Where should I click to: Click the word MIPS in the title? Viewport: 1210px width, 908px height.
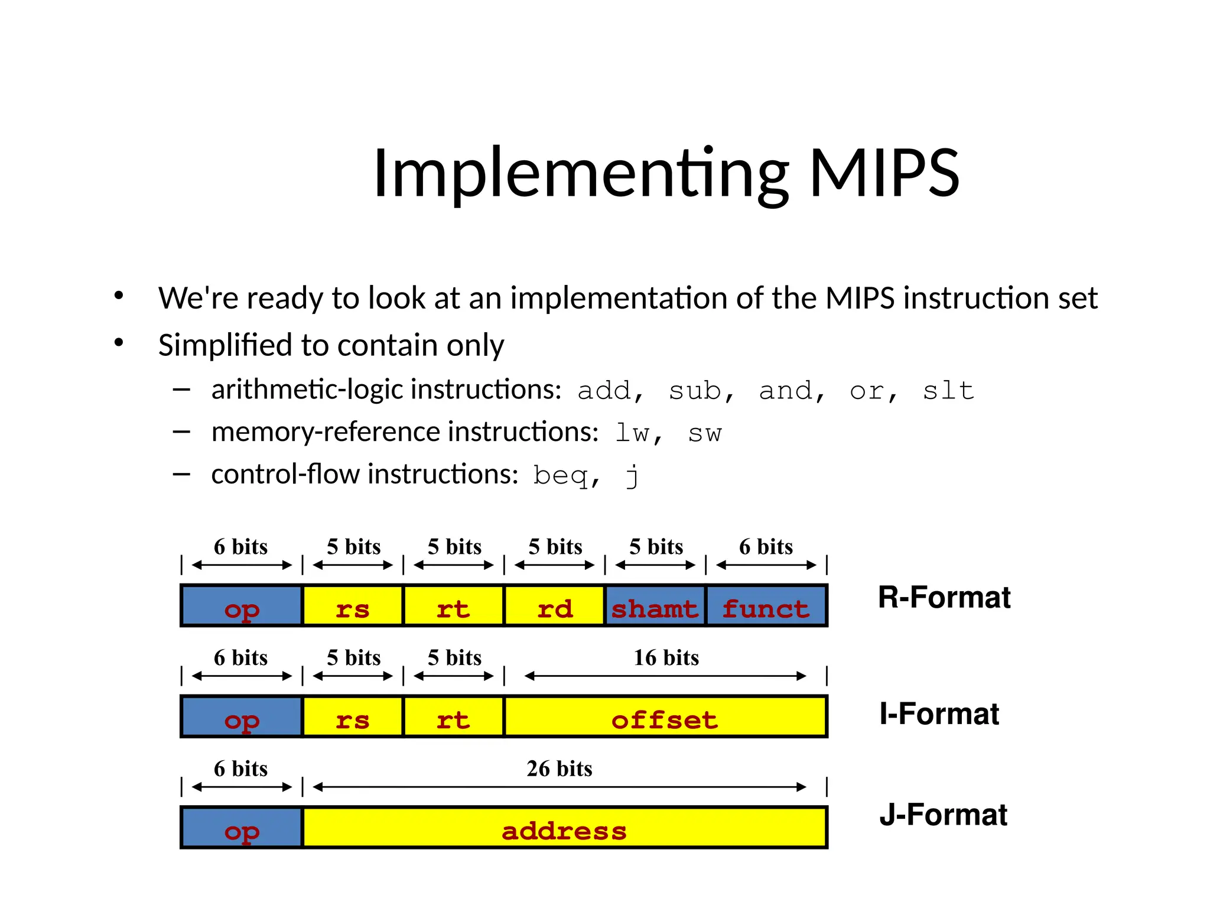(x=884, y=173)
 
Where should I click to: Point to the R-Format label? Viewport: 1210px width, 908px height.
(x=944, y=597)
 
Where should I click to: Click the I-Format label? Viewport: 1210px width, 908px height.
(x=939, y=714)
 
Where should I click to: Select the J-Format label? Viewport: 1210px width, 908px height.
(x=943, y=815)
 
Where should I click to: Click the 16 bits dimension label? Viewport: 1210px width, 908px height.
(x=666, y=657)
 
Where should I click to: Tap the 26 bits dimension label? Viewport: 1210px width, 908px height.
(x=559, y=768)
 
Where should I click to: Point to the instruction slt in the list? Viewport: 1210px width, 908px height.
(x=948, y=391)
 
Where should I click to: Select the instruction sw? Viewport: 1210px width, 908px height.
(x=704, y=433)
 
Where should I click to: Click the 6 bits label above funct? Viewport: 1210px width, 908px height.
(x=766, y=547)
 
